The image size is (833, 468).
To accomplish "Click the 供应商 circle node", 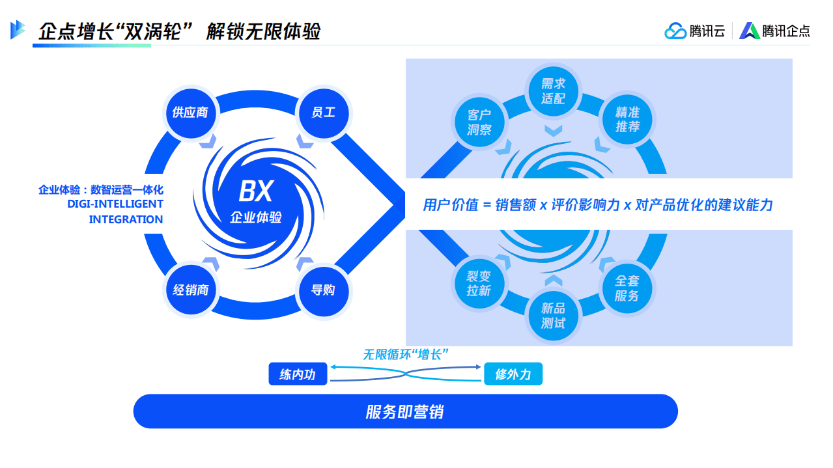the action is [190, 113].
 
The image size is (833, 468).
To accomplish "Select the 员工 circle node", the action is [323, 113].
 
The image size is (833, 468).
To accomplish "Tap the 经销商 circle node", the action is [190, 290].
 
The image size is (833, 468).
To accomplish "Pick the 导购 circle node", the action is [323, 290].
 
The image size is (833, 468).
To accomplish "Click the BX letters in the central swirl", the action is [255, 192].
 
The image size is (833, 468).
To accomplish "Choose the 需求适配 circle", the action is [553, 91].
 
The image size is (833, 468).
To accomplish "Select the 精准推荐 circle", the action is [627, 120].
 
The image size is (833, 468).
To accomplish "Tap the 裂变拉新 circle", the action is [479, 284].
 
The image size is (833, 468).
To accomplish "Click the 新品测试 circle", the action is [553, 316].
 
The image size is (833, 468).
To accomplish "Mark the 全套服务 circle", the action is [627, 288].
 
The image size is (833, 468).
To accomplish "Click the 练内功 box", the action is [298, 374].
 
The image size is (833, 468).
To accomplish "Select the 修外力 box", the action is [513, 374].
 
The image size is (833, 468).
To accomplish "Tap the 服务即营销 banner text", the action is [404, 412].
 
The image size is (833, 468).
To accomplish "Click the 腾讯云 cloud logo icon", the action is [675, 31].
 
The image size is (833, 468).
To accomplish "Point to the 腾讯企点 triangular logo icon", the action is [750, 31].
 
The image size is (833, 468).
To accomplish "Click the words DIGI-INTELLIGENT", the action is [115, 204].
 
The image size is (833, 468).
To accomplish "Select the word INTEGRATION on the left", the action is [126, 219].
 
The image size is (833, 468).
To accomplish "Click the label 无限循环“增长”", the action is [406, 354].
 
